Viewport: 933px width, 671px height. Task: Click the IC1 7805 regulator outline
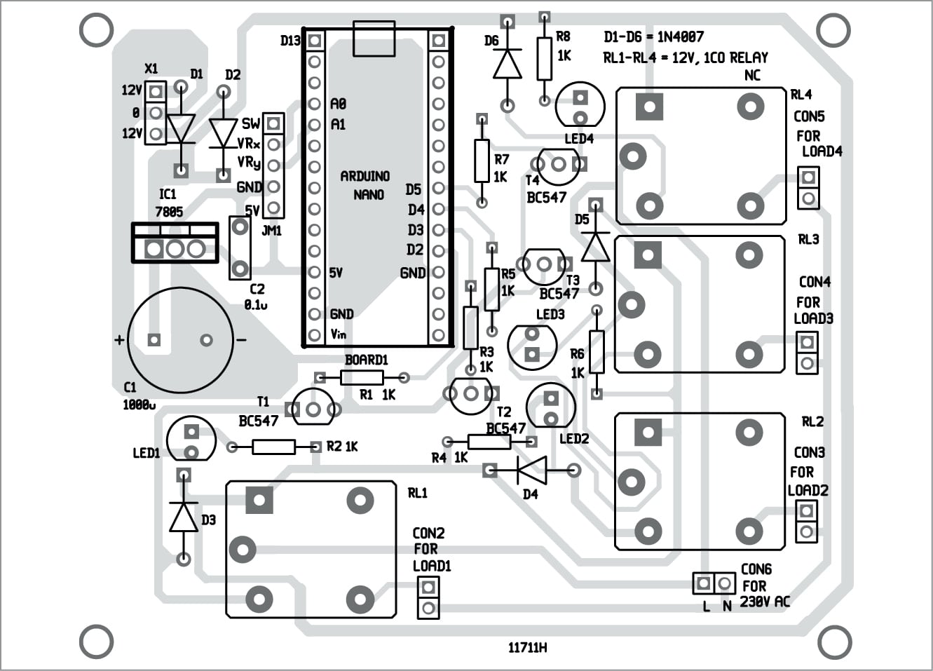point(175,243)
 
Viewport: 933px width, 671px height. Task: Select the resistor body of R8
point(545,59)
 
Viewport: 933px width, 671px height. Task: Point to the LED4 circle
point(580,106)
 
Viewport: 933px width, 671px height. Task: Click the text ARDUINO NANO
point(365,185)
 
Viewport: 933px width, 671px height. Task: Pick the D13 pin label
point(290,41)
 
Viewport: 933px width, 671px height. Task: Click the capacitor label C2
point(257,289)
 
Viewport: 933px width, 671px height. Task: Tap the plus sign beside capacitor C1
point(119,340)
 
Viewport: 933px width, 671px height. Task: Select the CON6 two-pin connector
point(714,583)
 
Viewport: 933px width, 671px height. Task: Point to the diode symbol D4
point(531,470)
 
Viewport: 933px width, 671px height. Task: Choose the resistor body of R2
point(273,447)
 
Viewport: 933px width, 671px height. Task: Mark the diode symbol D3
point(184,517)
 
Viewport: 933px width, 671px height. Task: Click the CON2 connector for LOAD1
point(428,597)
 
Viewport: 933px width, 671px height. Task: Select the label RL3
point(808,240)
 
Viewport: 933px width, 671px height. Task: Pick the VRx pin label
point(249,144)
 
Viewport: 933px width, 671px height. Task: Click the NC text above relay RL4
point(752,76)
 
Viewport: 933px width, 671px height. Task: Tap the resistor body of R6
point(597,352)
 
